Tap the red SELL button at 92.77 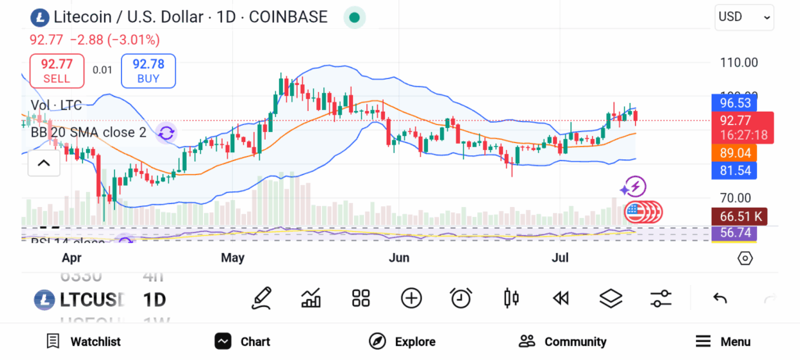tap(56, 71)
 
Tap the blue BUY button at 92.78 tap(148, 71)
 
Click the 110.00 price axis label tap(738, 62)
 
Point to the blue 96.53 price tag tap(734, 102)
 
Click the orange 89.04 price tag tap(734, 153)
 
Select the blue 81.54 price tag tap(734, 170)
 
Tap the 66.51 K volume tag tap(737, 216)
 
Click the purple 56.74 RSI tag tap(734, 233)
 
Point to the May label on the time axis tap(233, 258)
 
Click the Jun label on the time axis tap(399, 258)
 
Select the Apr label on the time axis tap(71, 258)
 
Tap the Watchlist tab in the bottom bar tap(84, 341)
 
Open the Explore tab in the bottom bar tap(402, 341)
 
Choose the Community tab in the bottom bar tap(562, 341)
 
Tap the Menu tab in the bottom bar tap(723, 341)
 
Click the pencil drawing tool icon tap(262, 298)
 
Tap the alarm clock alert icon tap(461, 298)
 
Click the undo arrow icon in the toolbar tap(720, 298)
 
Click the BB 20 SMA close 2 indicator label tap(88, 133)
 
